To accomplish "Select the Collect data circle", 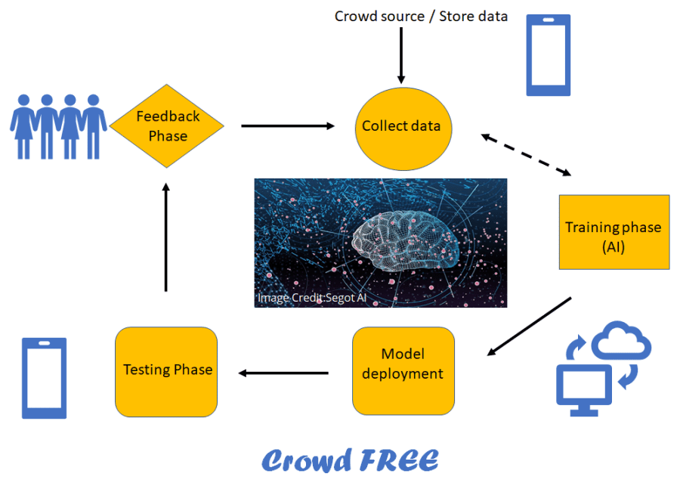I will pyautogui.click(x=401, y=127).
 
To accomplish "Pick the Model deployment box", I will pyautogui.click(x=403, y=364).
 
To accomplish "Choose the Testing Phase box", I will pyautogui.click(x=166, y=370).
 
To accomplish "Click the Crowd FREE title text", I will pyautogui.click(x=350, y=460).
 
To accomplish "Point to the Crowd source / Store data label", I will pyautogui.click(x=421, y=16).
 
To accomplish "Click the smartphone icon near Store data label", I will pyautogui.click(x=548, y=56).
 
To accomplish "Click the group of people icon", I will pyautogui.click(x=59, y=125).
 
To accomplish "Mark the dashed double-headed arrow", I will pyautogui.click(x=527, y=154).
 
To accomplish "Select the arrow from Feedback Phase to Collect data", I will pyautogui.click(x=287, y=125).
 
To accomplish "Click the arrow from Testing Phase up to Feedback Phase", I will pyautogui.click(x=166, y=237).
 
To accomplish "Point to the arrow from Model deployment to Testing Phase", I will pyautogui.click(x=283, y=372).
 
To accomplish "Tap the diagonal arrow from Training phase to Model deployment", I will pyautogui.click(x=529, y=325).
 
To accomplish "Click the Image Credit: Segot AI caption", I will pyautogui.click(x=317, y=298).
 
